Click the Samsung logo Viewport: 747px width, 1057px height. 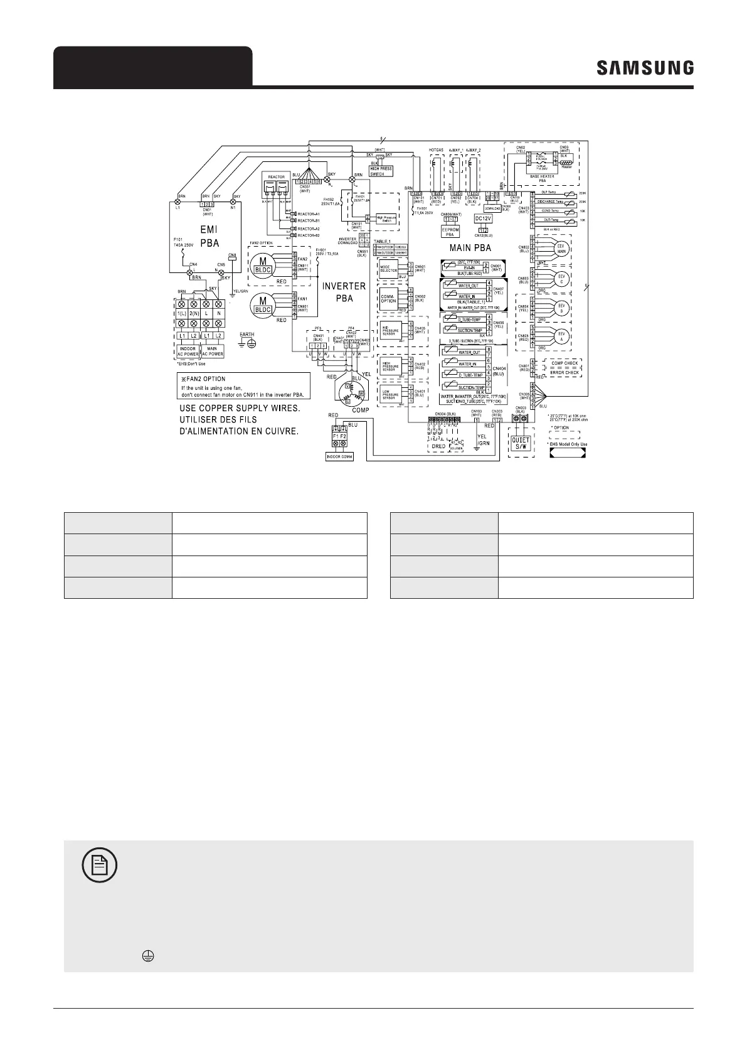pos(645,68)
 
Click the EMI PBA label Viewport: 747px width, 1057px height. pos(209,236)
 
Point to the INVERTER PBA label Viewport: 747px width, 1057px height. pos(344,292)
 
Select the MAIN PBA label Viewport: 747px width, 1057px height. pos(470,248)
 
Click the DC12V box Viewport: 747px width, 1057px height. pos(482,218)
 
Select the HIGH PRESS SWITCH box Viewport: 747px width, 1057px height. pos(381,171)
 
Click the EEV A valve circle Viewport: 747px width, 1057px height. pos(561,335)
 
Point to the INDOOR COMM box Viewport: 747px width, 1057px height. pos(339,456)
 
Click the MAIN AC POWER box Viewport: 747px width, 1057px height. pos(212,351)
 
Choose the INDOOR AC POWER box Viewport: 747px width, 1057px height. pos(188,351)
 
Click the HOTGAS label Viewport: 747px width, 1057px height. pos(437,151)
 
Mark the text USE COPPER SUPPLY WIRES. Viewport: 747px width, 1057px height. pos(240,409)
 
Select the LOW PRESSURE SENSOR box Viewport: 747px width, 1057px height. pos(390,395)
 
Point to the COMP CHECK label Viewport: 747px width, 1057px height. pos(564,363)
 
